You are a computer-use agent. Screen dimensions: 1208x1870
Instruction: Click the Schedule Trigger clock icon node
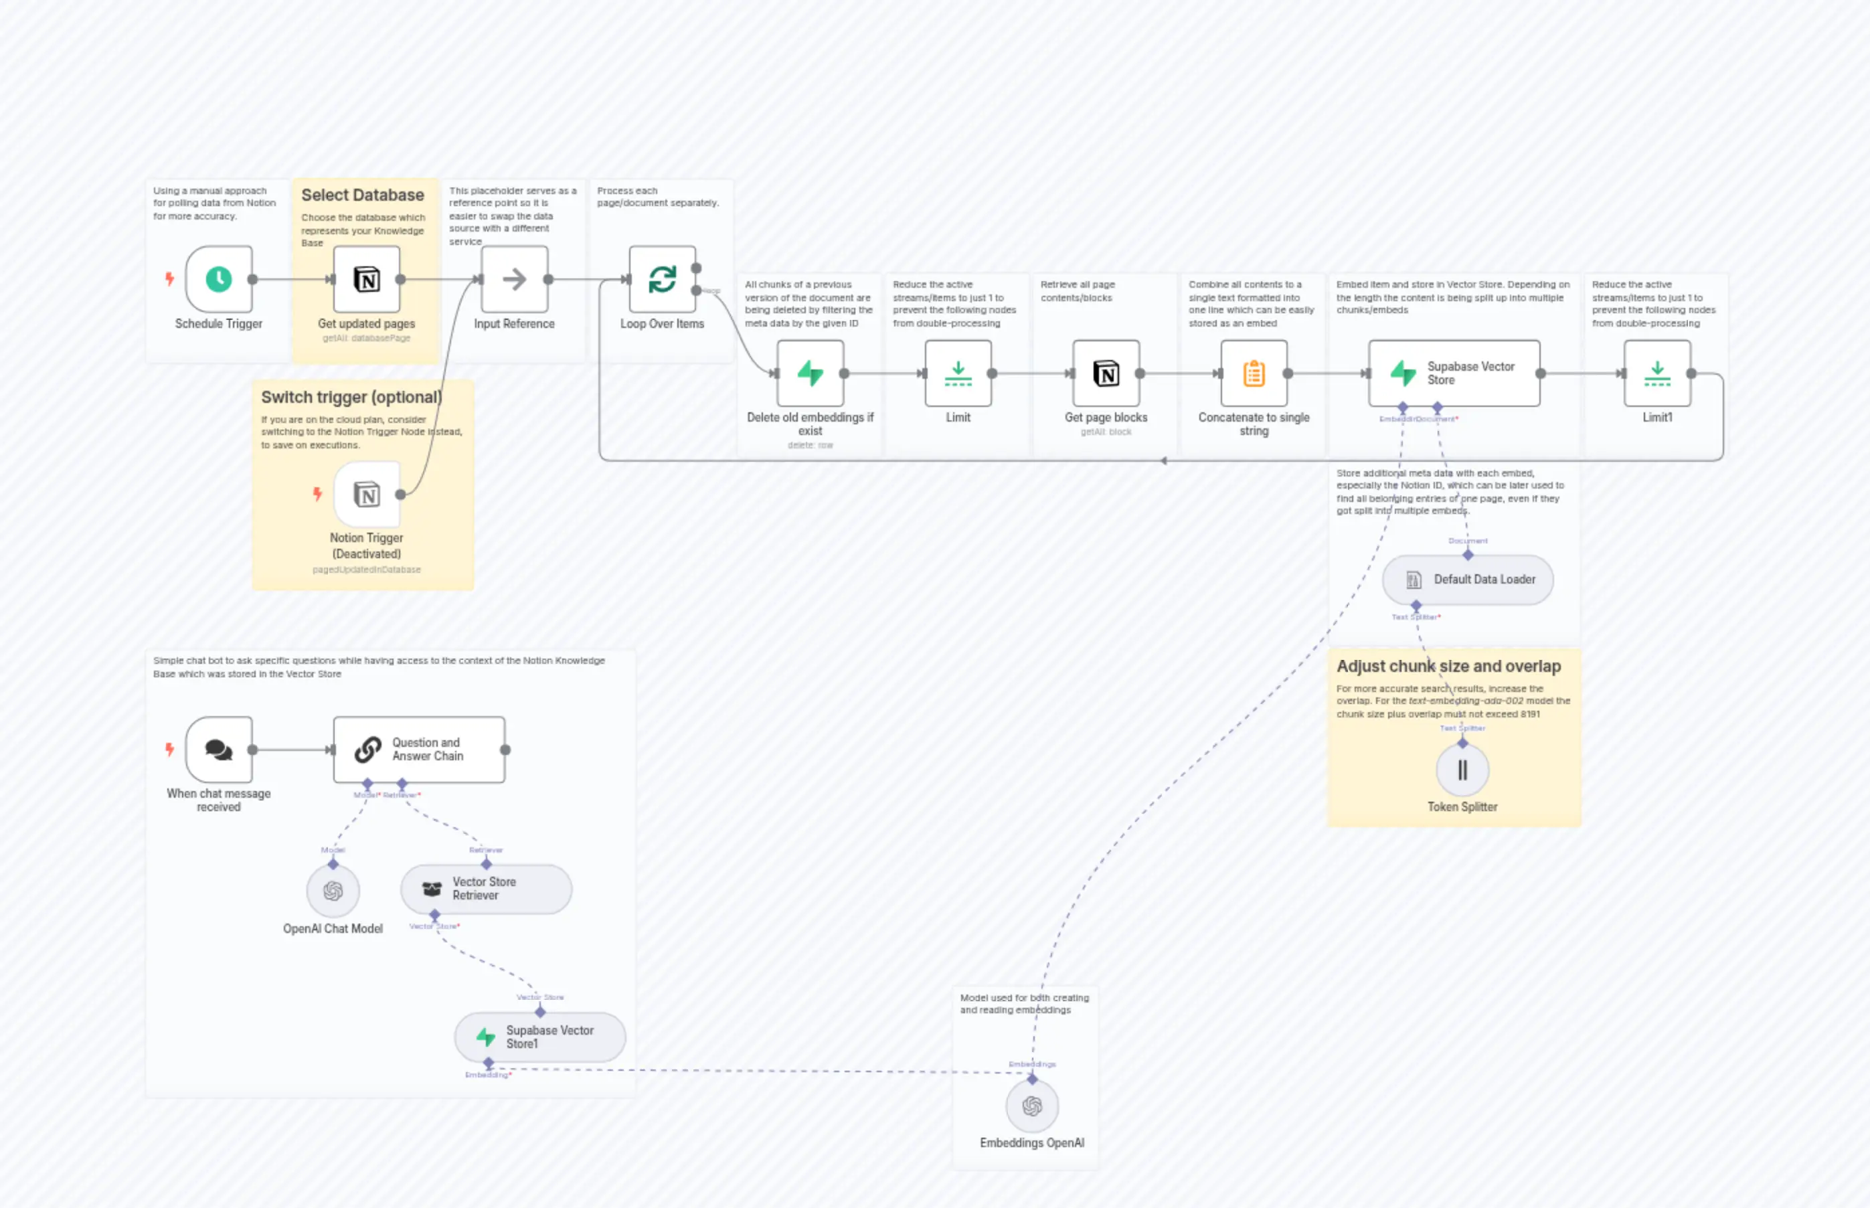[x=219, y=279]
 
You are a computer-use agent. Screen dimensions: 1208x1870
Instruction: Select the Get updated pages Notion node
[x=366, y=279]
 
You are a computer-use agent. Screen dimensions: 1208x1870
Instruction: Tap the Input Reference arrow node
[x=514, y=279]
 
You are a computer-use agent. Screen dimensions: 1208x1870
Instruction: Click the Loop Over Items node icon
[x=662, y=279]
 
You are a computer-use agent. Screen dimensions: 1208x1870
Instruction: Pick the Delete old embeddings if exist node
[x=811, y=373]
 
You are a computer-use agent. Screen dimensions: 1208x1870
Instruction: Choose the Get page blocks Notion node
[x=1106, y=373]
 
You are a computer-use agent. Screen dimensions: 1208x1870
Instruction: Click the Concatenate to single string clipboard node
[x=1254, y=373]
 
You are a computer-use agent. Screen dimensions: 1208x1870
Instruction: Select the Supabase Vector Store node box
[x=1454, y=373]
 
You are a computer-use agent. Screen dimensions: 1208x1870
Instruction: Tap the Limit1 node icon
[x=1656, y=373]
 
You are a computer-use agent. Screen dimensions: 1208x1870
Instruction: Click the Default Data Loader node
[x=1467, y=580]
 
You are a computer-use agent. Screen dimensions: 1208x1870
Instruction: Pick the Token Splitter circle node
[x=1462, y=770]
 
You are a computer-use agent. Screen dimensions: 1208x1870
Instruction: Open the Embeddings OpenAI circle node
[x=1031, y=1106]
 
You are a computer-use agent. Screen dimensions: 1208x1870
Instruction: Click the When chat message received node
[x=219, y=750]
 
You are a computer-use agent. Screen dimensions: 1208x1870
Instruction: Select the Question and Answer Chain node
[x=419, y=750]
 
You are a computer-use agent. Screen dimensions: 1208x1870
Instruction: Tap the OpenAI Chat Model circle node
[x=333, y=891]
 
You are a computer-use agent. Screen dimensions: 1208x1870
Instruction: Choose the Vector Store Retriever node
[x=485, y=889]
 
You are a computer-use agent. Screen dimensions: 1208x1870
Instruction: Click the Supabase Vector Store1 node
[x=539, y=1037]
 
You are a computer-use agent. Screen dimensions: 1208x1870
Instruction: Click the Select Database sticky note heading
[x=362, y=195]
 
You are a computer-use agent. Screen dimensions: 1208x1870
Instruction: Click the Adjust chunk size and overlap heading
[x=1448, y=666]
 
